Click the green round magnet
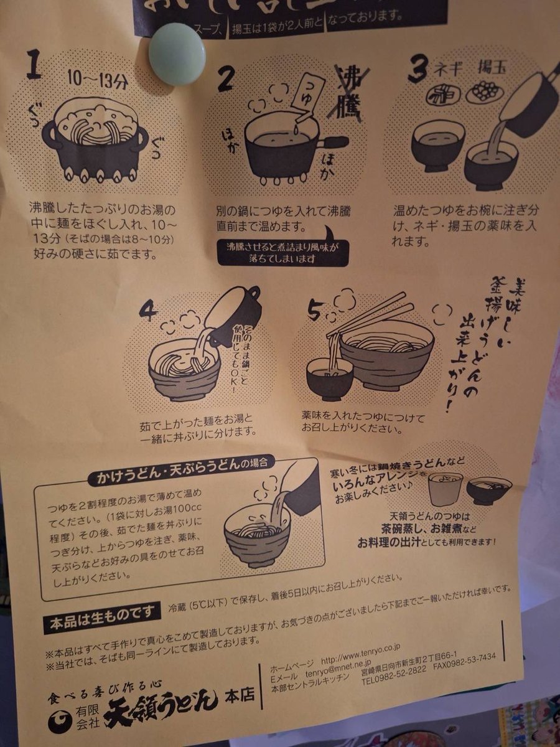177,54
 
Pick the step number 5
314,310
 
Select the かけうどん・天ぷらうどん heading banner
180,478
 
